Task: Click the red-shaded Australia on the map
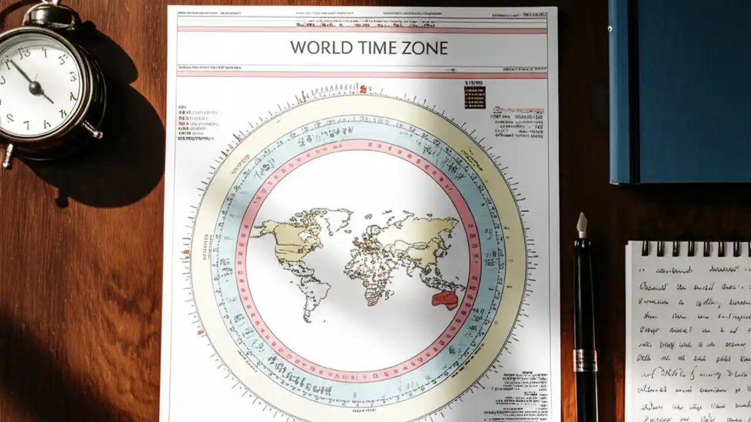coord(444,300)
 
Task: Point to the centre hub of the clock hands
coord(35,88)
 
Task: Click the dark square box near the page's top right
coord(475,97)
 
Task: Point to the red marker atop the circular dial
coord(363,89)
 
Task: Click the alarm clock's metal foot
coord(8,155)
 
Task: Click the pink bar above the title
coord(362,29)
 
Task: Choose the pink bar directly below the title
coord(362,74)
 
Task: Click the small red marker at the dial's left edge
coord(187,254)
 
